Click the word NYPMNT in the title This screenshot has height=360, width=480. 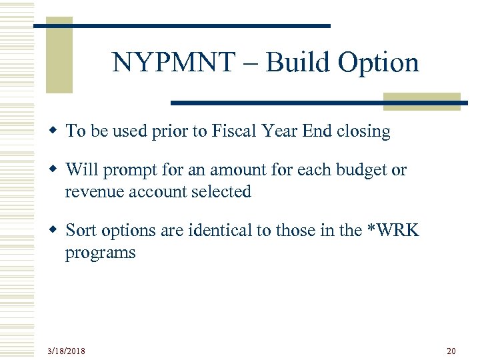pyautogui.click(x=173, y=63)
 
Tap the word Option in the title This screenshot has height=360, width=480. pyautogui.click(x=379, y=63)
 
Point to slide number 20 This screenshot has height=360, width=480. pyautogui.click(x=451, y=350)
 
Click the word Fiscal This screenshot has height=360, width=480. pyautogui.click(x=234, y=131)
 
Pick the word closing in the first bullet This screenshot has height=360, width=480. pyautogui.click(x=363, y=131)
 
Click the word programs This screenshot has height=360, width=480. pyautogui.click(x=100, y=253)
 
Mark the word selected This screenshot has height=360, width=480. pyautogui.click(x=223, y=192)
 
